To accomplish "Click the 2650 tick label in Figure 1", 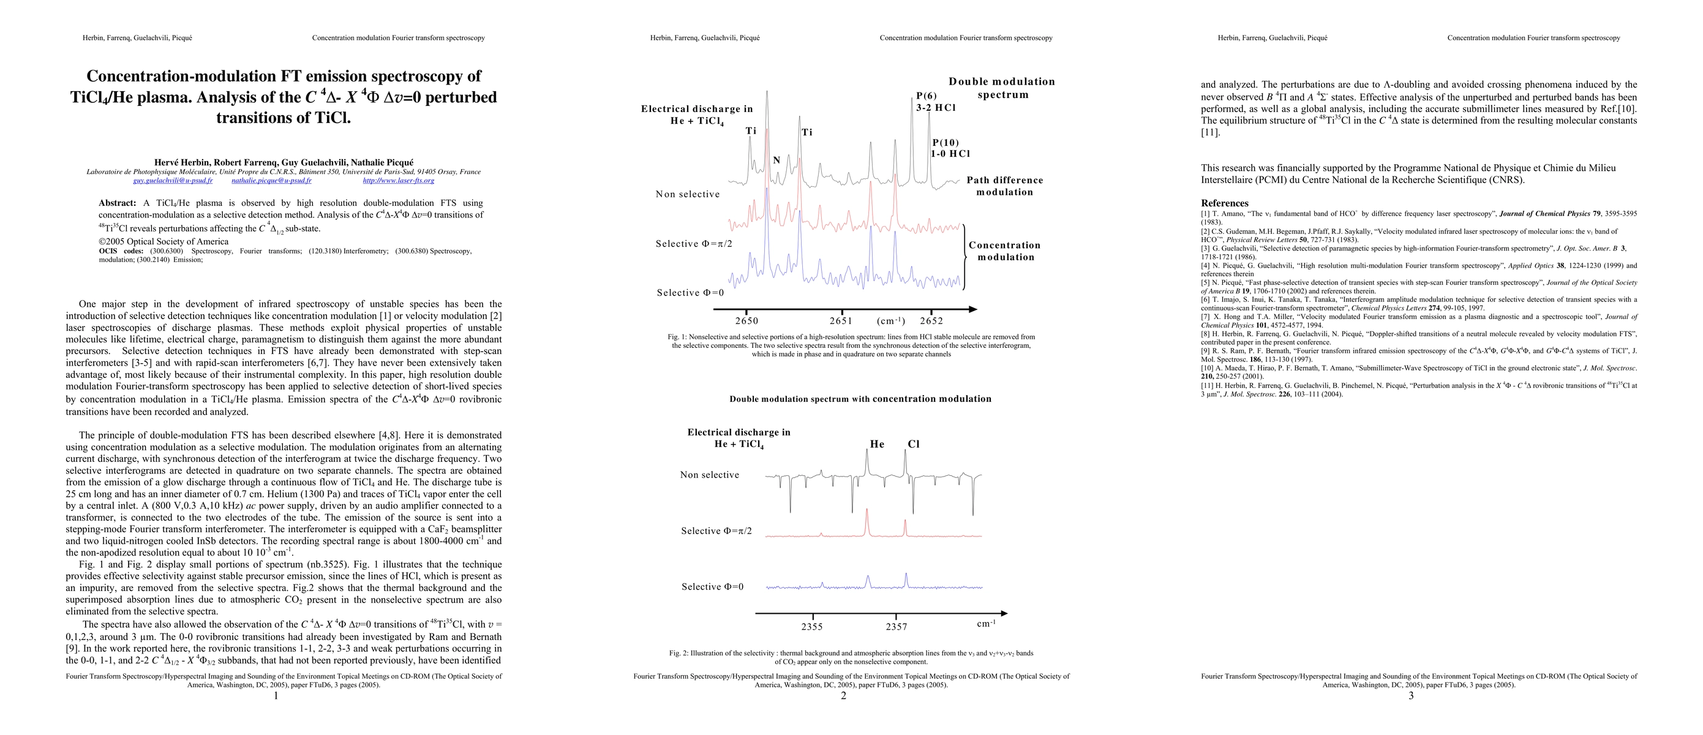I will point(746,321).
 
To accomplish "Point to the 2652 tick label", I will point(931,321).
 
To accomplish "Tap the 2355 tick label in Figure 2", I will point(812,627).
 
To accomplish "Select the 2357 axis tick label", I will point(897,627).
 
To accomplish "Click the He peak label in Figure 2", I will point(877,444).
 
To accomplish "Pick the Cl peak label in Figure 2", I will point(914,444).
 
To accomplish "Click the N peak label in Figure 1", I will point(777,160).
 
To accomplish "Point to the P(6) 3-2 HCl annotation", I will point(936,102).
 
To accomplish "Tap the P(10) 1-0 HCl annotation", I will point(950,148).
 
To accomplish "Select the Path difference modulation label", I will point(1004,186).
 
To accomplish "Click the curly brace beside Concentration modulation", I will point(965,257).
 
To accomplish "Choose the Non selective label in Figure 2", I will point(709,475).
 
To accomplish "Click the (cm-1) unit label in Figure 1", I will point(890,321).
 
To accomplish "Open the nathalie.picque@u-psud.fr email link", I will point(272,181).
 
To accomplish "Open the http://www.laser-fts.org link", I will point(399,181).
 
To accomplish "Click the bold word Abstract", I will point(117,203).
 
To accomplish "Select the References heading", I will point(1224,203).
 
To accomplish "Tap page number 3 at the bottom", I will point(1411,695).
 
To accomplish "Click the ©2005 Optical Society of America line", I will point(164,241).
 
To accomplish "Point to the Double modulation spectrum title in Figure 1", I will point(1002,88).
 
